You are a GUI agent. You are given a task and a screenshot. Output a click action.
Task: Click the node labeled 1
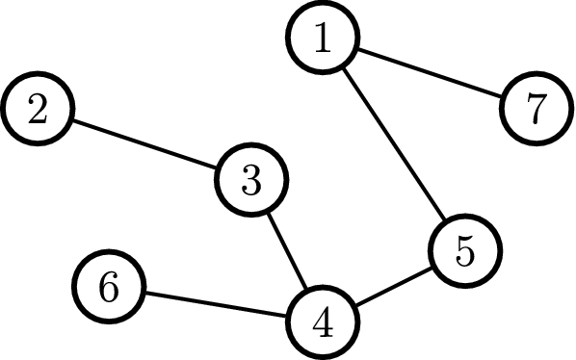tap(322, 38)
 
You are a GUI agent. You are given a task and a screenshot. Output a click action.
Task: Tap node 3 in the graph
tap(251, 180)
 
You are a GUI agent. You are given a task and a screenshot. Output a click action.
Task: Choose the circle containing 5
tap(465, 252)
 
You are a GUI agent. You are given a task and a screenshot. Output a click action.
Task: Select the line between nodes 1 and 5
tap(394, 145)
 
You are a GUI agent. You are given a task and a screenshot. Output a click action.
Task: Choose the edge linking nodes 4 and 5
tap(394, 288)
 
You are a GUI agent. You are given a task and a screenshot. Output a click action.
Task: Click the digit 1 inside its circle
tap(322, 38)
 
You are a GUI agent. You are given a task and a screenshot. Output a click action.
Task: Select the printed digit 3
tap(251, 180)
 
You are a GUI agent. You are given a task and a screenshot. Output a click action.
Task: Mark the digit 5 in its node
tap(465, 252)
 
